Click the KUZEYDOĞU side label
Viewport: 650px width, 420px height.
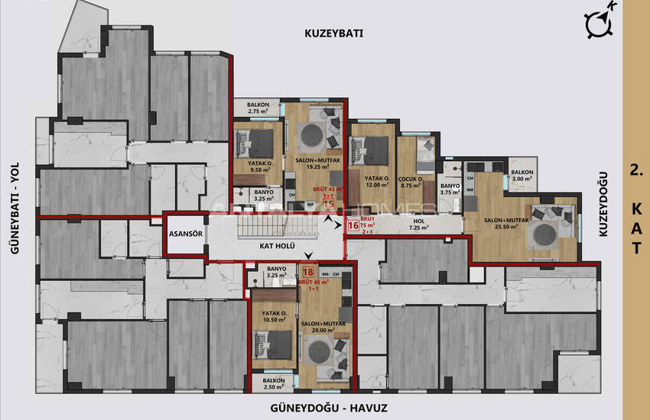(x=603, y=203)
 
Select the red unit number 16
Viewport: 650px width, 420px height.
(x=353, y=225)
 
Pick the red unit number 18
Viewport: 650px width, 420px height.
(x=308, y=271)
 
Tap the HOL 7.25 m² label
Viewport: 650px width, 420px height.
(x=417, y=223)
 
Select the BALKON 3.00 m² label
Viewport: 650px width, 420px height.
(x=523, y=176)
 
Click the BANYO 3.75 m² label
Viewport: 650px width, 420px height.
(x=450, y=189)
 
